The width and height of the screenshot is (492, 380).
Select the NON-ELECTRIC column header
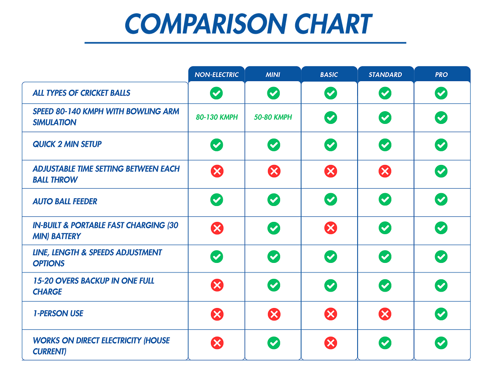(x=216, y=75)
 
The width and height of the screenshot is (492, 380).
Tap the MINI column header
(x=273, y=75)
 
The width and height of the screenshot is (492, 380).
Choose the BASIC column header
(x=329, y=75)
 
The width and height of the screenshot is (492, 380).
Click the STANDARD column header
(x=385, y=75)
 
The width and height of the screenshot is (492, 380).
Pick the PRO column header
(x=441, y=75)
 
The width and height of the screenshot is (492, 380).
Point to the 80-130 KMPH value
(x=217, y=117)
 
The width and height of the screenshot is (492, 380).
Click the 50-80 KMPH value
(x=273, y=117)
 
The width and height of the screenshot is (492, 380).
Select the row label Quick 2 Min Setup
(x=67, y=144)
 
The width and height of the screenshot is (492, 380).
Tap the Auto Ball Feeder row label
(x=65, y=201)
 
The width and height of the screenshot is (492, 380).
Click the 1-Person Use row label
(x=58, y=313)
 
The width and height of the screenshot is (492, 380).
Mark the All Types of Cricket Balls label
(x=82, y=93)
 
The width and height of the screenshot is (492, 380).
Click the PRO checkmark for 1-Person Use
(x=441, y=314)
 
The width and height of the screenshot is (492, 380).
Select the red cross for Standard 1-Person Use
(x=385, y=314)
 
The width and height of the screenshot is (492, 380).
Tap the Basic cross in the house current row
(x=330, y=343)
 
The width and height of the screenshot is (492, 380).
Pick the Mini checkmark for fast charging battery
(x=273, y=228)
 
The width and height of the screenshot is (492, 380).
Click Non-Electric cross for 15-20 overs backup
(x=217, y=286)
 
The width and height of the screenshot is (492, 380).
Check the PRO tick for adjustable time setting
(x=441, y=171)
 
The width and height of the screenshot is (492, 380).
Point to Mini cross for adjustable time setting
(x=273, y=171)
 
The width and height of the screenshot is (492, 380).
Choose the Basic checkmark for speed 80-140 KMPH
(x=330, y=118)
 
